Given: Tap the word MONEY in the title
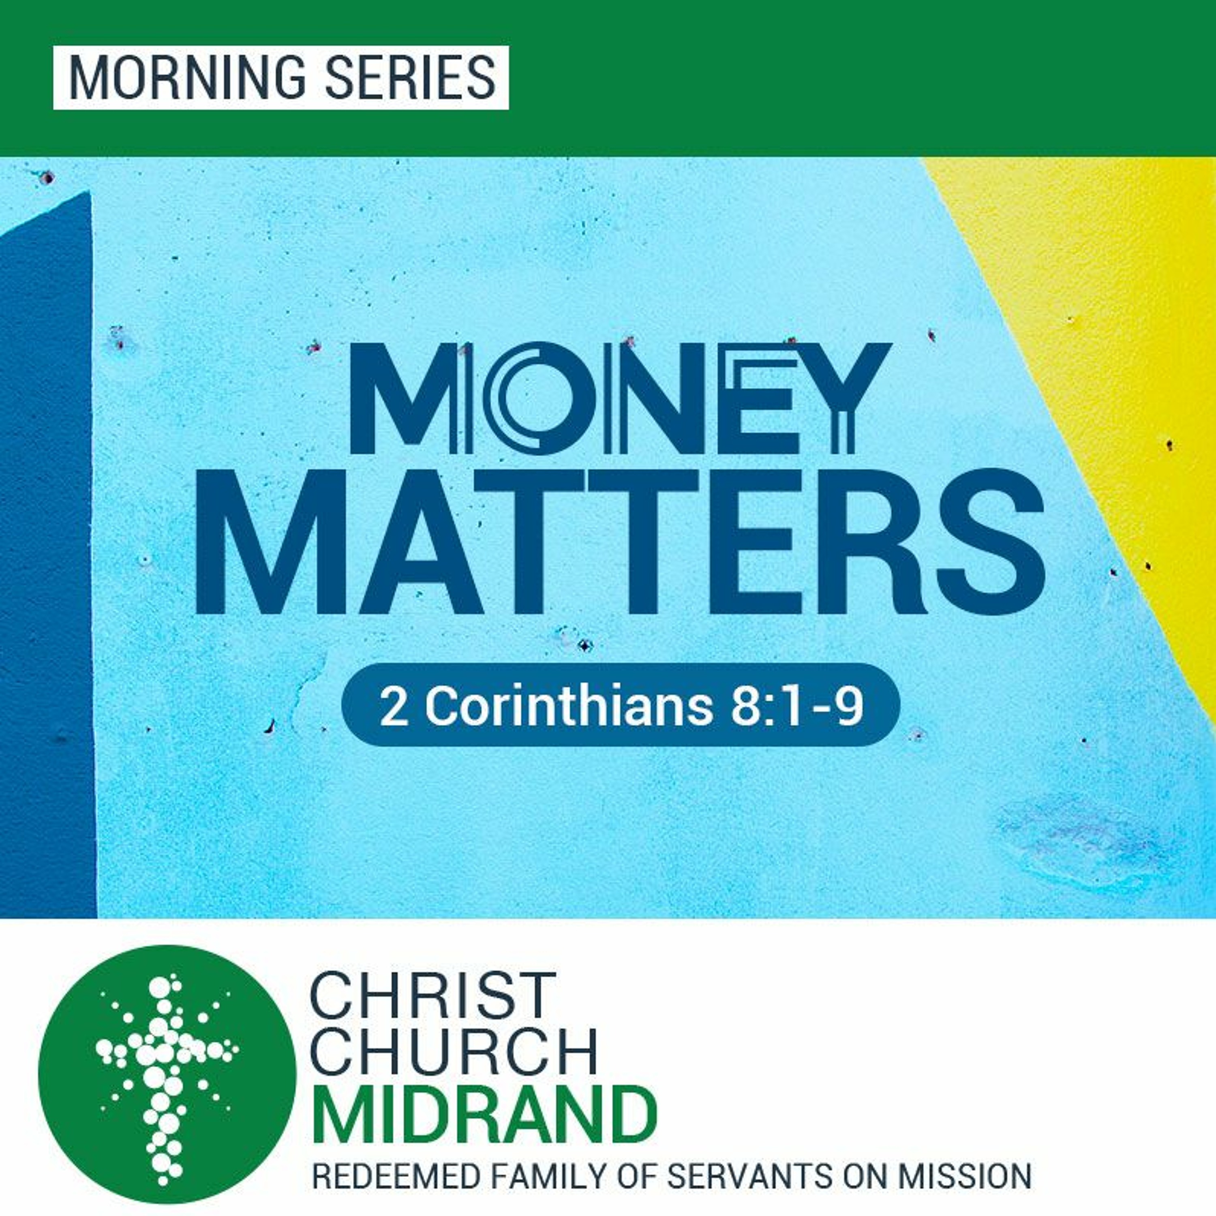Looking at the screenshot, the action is pos(619,397).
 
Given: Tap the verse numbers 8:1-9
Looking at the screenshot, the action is pos(796,707).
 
